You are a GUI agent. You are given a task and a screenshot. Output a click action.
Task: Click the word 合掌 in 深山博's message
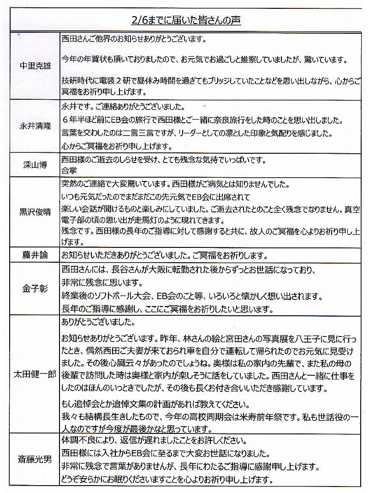point(68,169)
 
